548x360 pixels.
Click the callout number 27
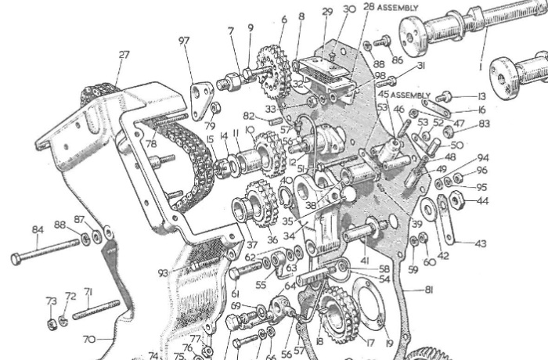[x=124, y=55]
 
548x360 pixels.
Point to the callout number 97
[x=184, y=40]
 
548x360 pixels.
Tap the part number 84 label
[x=37, y=230]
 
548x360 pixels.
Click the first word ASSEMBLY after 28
[x=397, y=7]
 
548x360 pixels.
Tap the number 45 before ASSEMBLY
[x=382, y=95]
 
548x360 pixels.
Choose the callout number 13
[x=482, y=96]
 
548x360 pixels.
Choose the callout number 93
[x=162, y=273]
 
